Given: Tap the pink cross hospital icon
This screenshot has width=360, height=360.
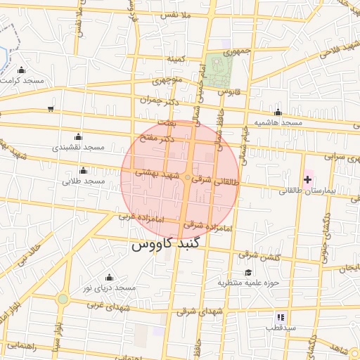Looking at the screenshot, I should (x=307, y=181).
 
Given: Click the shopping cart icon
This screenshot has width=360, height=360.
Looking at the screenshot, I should (x=51, y=108).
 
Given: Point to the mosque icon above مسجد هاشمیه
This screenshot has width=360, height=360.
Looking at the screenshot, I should (x=278, y=112).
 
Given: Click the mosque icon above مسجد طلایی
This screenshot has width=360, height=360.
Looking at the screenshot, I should (x=84, y=171).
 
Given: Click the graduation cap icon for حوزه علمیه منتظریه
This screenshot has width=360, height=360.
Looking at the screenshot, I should (x=247, y=273).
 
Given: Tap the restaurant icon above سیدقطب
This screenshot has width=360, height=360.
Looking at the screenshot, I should (x=281, y=317).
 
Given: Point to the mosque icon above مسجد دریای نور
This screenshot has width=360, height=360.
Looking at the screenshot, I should (x=108, y=278).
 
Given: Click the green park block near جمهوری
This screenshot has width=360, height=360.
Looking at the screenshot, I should (x=221, y=67).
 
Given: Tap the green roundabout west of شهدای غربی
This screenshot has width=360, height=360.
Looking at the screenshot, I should (x=63, y=299).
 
